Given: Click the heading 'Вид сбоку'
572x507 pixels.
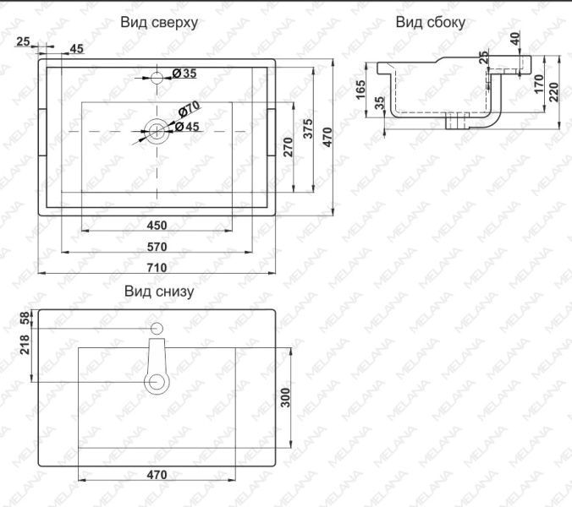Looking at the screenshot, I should pos(430,23).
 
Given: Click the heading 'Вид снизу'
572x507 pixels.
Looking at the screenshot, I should pos(159,292).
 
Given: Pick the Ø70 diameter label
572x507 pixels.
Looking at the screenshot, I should pos(188,110).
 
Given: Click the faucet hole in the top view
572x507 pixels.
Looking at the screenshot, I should pos(157,79).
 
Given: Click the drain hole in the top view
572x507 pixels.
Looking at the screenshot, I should pos(157,130).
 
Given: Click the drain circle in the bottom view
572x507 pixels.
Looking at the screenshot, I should pos(157,382).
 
